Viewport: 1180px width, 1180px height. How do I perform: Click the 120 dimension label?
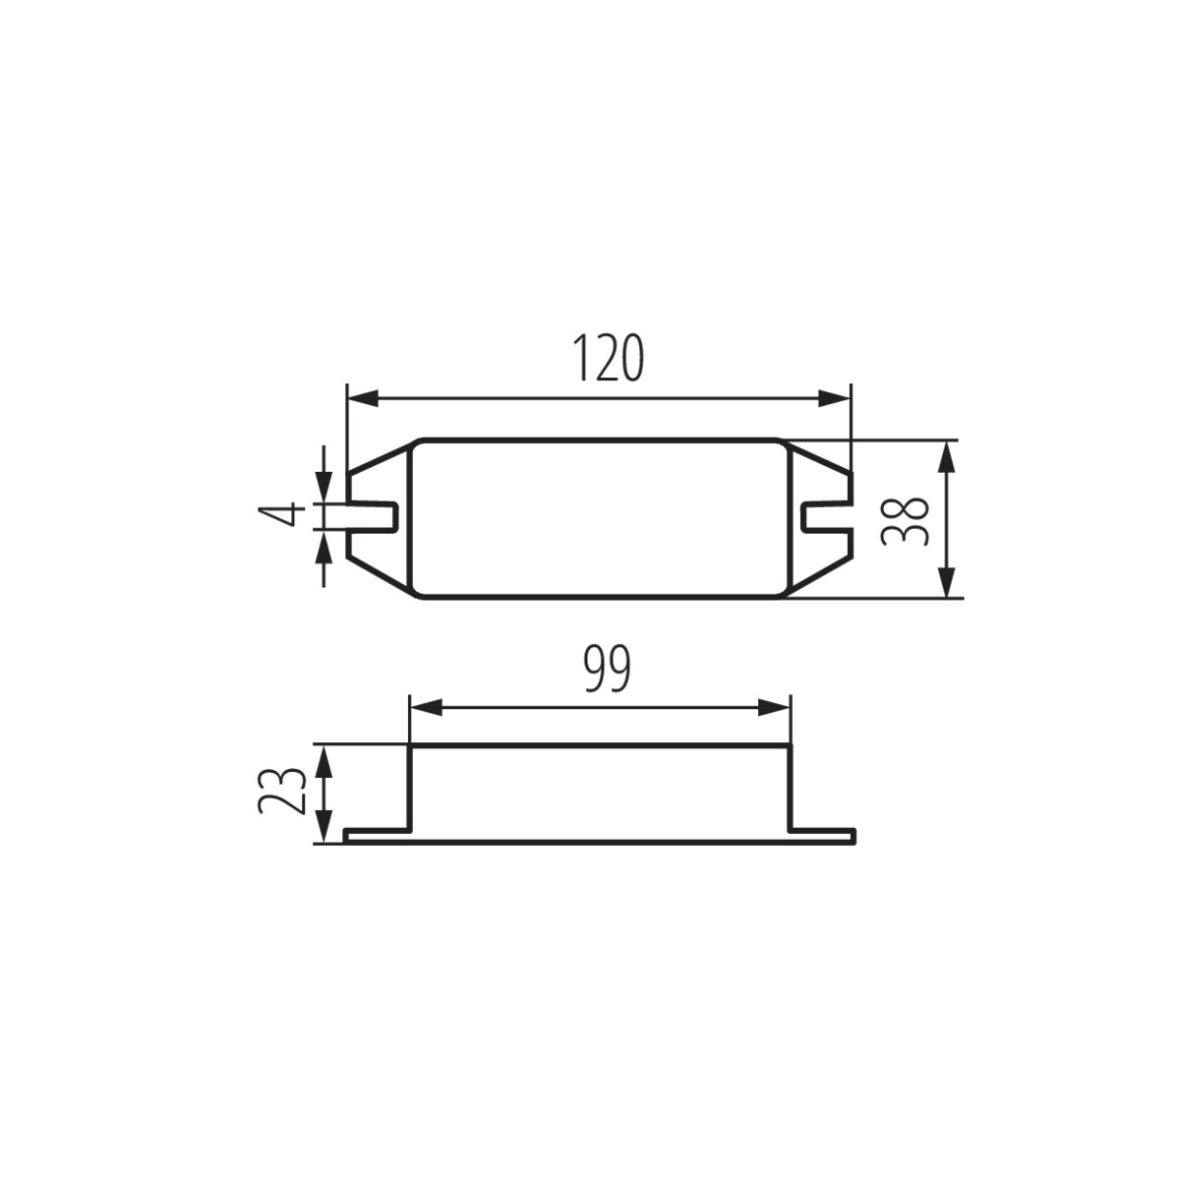pyautogui.click(x=608, y=358)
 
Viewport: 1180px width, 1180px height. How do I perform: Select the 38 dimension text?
pyautogui.click(x=905, y=520)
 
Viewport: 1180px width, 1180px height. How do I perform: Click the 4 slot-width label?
pyautogui.click(x=281, y=513)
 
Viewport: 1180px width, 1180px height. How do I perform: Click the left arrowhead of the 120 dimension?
pyautogui.click(x=362, y=398)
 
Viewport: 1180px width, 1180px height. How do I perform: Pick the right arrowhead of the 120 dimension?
pyautogui.click(x=836, y=398)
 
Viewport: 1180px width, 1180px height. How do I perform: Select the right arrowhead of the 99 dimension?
pyautogui.click(x=774, y=708)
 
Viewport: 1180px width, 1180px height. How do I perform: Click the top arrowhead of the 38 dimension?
pyautogui.click(x=947, y=456)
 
